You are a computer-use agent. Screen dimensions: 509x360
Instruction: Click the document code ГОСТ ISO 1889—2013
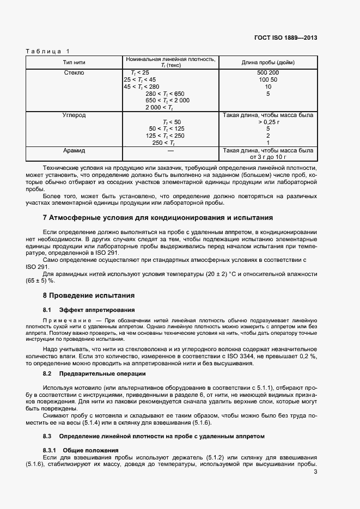(x=285, y=38)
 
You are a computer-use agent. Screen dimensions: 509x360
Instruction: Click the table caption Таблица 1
(x=48, y=51)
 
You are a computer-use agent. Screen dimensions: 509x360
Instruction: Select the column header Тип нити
(x=74, y=62)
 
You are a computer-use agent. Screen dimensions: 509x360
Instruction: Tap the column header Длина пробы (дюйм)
(x=268, y=62)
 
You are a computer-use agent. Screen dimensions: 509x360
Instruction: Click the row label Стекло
(x=74, y=72)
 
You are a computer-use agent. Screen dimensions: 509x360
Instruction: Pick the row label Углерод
(x=75, y=115)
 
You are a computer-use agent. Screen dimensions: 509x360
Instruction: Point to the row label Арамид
(x=75, y=150)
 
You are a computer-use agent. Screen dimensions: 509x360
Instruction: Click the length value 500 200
(x=268, y=72)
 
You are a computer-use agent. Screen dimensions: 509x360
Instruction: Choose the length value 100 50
(x=268, y=79)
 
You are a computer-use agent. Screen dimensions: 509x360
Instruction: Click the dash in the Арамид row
(x=170, y=150)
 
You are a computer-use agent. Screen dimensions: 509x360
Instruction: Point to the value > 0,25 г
(x=268, y=122)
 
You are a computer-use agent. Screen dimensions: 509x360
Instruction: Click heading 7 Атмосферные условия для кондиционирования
(x=158, y=218)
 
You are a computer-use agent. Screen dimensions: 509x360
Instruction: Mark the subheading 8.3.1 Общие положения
(x=81, y=450)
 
